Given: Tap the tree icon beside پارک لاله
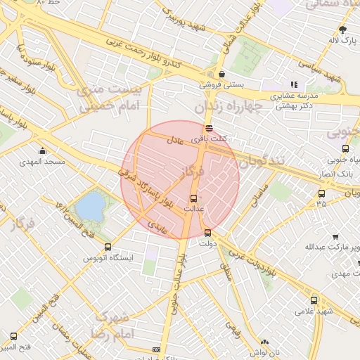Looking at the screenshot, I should click(343, 30).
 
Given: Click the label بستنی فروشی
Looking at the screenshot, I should click(221, 84).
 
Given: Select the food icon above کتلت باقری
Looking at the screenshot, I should click(209, 128).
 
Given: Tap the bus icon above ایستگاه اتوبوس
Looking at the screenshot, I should click(108, 247).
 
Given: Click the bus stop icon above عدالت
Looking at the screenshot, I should click(194, 198).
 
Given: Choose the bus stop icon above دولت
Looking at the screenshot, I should click(207, 233).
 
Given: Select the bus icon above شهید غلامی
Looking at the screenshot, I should click(314, 300).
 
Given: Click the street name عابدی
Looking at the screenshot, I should click(157, 225).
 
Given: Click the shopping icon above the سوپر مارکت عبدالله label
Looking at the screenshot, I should click(335, 236).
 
